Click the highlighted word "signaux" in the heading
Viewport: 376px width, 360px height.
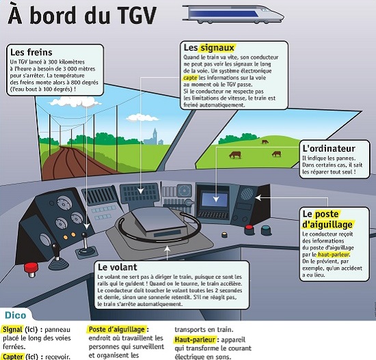(218, 49)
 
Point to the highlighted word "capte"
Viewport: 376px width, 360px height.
(190, 79)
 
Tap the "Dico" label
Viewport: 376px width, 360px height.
(15, 316)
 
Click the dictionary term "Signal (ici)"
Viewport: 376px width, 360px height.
(23, 329)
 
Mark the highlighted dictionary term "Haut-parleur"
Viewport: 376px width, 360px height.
(196, 340)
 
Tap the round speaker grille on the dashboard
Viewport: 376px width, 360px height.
(247, 194)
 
